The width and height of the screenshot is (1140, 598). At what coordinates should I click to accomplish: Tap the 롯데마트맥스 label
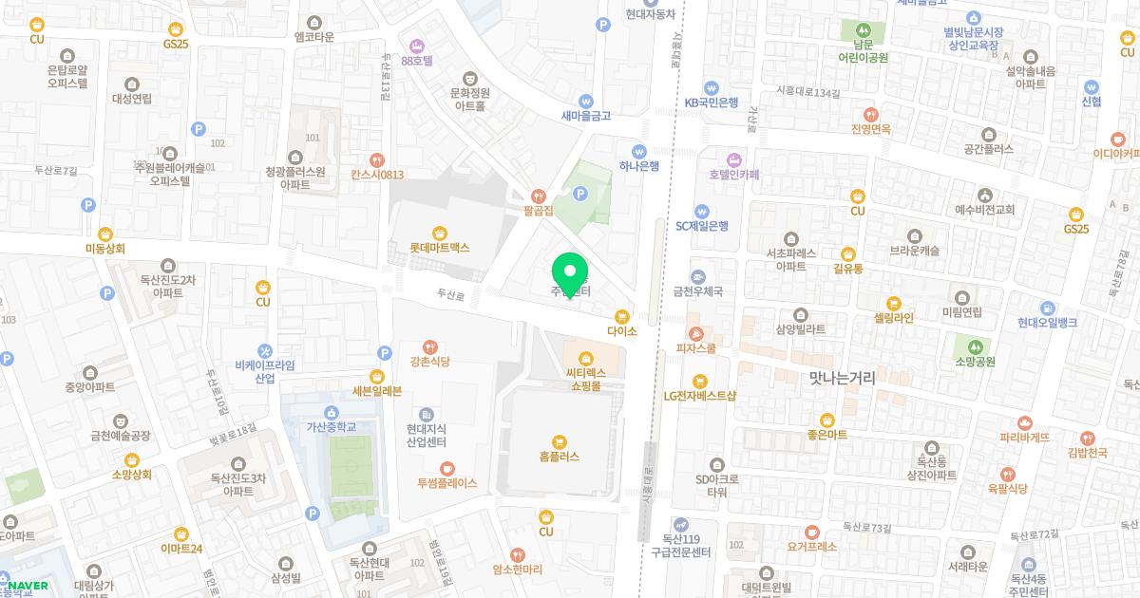click(x=440, y=247)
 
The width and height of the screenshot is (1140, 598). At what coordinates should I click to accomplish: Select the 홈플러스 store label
click(x=559, y=456)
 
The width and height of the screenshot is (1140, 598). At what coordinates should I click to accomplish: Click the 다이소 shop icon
click(x=622, y=316)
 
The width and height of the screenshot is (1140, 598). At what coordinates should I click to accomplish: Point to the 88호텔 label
click(x=417, y=60)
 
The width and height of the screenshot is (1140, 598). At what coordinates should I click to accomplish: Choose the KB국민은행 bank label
click(x=712, y=103)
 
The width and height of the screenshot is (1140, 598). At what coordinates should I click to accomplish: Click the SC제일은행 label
click(x=702, y=226)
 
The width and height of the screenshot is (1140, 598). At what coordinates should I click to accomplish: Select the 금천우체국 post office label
click(x=698, y=291)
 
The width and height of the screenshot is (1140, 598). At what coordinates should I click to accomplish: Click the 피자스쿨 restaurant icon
click(x=697, y=334)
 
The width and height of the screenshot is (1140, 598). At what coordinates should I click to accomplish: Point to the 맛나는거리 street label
click(x=842, y=378)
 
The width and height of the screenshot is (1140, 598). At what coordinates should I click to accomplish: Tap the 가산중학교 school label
click(x=330, y=427)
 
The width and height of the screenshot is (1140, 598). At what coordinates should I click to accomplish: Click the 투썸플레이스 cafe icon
click(x=447, y=468)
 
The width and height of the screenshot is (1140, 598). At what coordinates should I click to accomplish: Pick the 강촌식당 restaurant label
click(x=429, y=362)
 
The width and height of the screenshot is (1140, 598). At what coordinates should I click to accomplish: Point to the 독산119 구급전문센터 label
click(x=681, y=546)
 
